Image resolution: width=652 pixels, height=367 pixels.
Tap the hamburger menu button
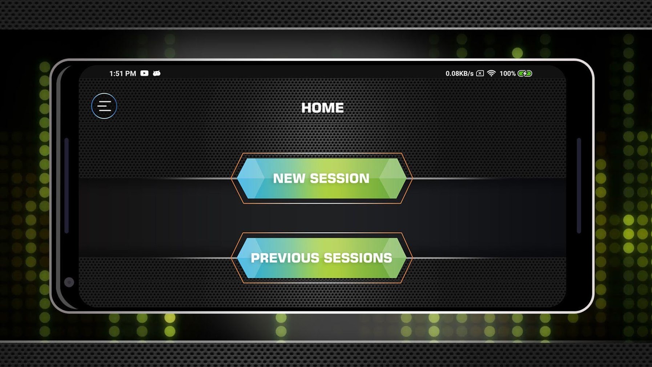pyautogui.click(x=104, y=106)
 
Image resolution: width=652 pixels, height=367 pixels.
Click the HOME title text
pyautogui.click(x=322, y=108)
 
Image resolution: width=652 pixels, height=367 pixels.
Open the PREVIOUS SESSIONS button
pyautogui.click(x=322, y=258)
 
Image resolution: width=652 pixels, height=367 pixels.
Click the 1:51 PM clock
pyautogui.click(x=122, y=73)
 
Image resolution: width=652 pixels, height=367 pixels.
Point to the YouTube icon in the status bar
pyautogui.click(x=144, y=73)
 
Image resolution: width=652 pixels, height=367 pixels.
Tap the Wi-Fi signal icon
pyautogui.click(x=491, y=73)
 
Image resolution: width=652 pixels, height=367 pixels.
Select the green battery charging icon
pyautogui.click(x=525, y=73)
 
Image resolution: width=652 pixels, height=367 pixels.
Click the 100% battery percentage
pyautogui.click(x=507, y=73)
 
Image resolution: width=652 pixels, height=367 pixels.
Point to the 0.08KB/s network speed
pyautogui.click(x=459, y=73)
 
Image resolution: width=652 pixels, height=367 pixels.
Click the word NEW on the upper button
pyautogui.click(x=289, y=178)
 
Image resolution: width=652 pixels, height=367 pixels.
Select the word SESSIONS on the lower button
pyautogui.click(x=358, y=258)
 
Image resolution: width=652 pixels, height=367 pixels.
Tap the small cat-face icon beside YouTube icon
pyautogui.click(x=157, y=73)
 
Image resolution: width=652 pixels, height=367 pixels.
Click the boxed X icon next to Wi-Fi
pyautogui.click(x=480, y=73)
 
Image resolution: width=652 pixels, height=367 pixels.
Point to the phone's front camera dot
pyautogui.click(x=69, y=282)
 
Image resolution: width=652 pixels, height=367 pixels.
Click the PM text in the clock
pyautogui.click(x=130, y=73)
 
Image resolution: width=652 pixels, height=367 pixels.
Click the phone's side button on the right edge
pyautogui.click(x=579, y=186)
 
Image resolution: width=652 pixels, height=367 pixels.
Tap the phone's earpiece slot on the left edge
pyautogui.click(x=67, y=186)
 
